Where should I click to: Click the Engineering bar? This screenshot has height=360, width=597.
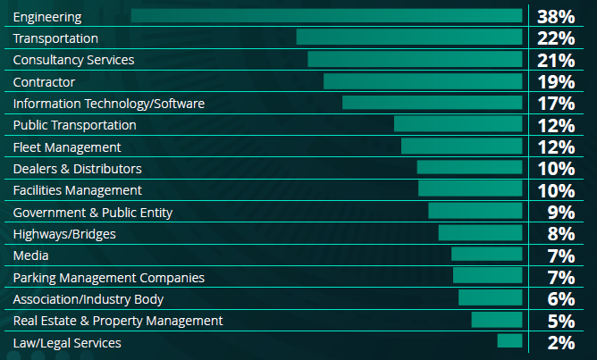[x=326, y=16]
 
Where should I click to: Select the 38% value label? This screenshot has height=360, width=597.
[x=555, y=17]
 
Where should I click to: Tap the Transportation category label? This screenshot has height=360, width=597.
[x=55, y=38]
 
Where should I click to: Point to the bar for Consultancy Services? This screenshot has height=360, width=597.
[x=415, y=59]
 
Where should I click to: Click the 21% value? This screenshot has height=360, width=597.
[x=555, y=60]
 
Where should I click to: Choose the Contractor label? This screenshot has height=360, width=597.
[x=44, y=81]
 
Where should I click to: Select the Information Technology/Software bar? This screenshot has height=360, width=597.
[x=432, y=103]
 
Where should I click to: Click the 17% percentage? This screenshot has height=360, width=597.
[x=555, y=104]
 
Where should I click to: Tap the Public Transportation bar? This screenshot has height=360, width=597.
[x=458, y=124]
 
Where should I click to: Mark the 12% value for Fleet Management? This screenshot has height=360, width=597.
[x=555, y=147]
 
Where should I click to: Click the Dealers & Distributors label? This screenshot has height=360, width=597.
[x=77, y=168]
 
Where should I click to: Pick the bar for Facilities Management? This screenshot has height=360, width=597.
[x=470, y=189]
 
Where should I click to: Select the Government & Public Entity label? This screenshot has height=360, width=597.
[x=93, y=212]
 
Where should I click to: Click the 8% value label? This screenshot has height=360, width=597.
[x=559, y=234]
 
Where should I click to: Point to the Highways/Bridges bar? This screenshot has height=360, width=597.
[x=480, y=232]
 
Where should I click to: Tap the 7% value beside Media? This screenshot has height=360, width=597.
[x=559, y=255]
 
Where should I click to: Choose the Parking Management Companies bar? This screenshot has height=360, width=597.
[x=487, y=276]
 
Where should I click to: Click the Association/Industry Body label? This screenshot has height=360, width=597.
[x=88, y=298]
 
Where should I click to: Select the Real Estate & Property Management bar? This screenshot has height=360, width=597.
[x=497, y=320]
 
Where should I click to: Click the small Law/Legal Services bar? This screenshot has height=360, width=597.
[x=509, y=340]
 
